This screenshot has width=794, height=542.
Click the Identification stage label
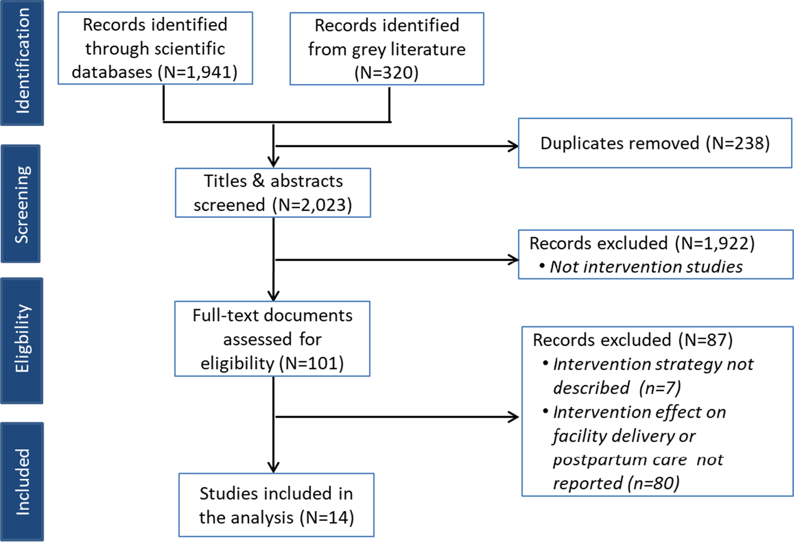(22, 62)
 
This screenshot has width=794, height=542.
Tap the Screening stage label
(21, 204)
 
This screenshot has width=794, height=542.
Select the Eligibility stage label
(22, 340)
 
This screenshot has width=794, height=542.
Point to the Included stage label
(22, 482)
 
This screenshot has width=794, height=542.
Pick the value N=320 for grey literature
(386, 73)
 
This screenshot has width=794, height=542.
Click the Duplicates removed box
(654, 143)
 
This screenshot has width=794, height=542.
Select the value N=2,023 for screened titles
(314, 205)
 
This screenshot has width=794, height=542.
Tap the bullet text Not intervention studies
(646, 267)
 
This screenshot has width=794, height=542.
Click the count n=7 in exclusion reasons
(660, 388)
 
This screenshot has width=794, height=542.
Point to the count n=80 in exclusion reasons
(653, 483)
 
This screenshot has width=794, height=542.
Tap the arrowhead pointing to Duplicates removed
(514, 146)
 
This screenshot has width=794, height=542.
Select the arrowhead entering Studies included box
(273, 467)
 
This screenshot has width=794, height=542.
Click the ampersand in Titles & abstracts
(258, 181)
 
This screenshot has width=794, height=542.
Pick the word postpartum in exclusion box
(595, 460)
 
